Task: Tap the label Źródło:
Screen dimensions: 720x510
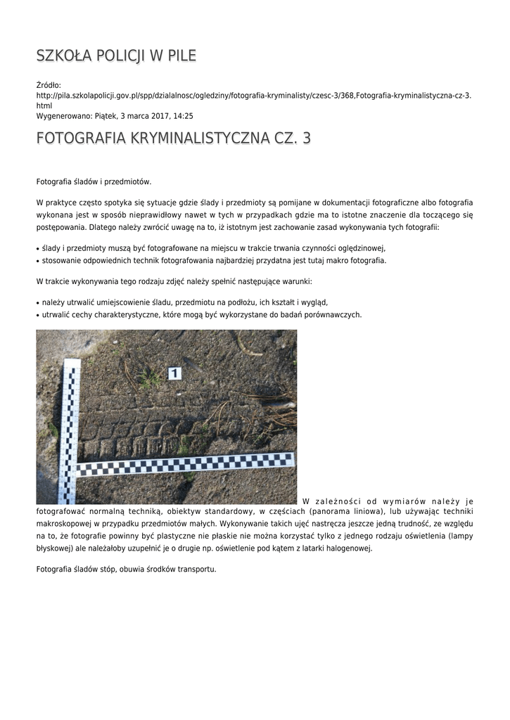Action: [x=49, y=85]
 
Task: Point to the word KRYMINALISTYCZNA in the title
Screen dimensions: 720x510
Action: [x=200, y=138]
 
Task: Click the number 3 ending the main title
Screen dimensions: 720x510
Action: [x=305, y=138]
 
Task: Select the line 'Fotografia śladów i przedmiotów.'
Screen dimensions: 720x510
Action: [x=94, y=181]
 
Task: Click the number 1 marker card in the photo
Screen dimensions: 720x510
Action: [x=174, y=373]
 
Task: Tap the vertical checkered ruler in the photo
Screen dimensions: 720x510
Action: [x=71, y=429]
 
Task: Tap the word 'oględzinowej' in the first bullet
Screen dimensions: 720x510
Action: [x=359, y=247]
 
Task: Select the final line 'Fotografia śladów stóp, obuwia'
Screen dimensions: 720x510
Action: [x=126, y=569]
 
